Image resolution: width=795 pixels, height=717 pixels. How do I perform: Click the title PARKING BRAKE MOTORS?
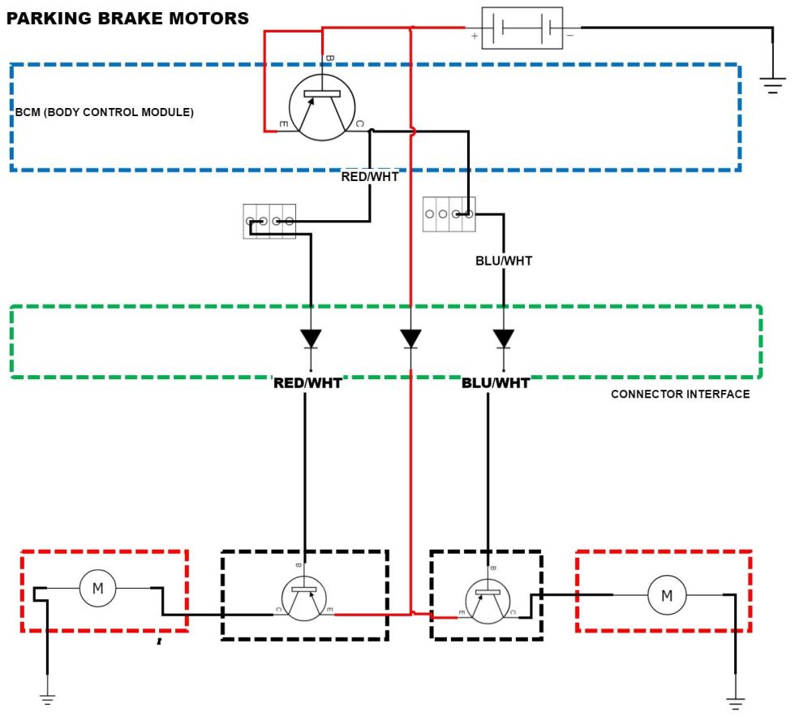[127, 18]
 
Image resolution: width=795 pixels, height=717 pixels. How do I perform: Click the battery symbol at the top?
[522, 28]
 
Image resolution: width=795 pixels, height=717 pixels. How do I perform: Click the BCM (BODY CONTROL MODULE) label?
[105, 112]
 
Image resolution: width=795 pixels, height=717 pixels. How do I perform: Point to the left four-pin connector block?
[269, 221]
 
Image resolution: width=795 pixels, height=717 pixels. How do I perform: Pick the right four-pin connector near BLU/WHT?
[449, 214]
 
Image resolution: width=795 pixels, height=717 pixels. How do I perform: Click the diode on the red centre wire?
[411, 338]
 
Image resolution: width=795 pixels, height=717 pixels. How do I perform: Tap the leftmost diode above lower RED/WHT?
[311, 338]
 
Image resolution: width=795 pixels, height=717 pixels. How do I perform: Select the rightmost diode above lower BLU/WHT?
[504, 338]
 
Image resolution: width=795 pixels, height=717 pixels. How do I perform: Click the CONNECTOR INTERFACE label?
[680, 395]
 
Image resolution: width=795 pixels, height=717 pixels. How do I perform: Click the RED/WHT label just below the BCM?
[370, 176]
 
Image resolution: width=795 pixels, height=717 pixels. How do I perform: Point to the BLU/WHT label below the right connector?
[504, 261]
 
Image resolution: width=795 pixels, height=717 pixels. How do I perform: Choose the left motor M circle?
[98, 588]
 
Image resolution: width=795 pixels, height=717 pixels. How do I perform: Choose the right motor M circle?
[667, 595]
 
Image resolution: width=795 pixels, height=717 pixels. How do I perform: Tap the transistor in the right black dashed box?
[488, 602]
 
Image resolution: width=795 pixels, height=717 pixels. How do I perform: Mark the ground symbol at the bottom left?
[47, 698]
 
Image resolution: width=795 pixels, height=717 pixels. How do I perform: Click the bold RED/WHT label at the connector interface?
[307, 382]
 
